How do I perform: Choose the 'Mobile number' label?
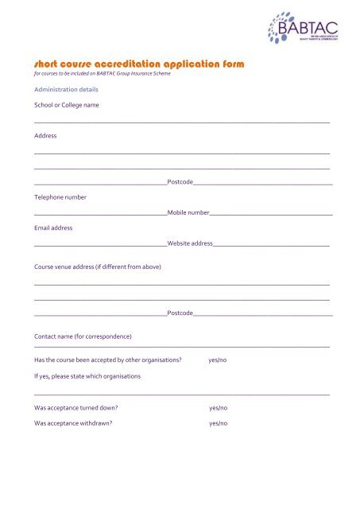188,213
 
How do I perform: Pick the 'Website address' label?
190,243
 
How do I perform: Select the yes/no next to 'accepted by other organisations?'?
217,360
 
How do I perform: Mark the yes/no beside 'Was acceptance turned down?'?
218,407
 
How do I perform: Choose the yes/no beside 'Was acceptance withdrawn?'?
218,423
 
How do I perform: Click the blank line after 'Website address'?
271,245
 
